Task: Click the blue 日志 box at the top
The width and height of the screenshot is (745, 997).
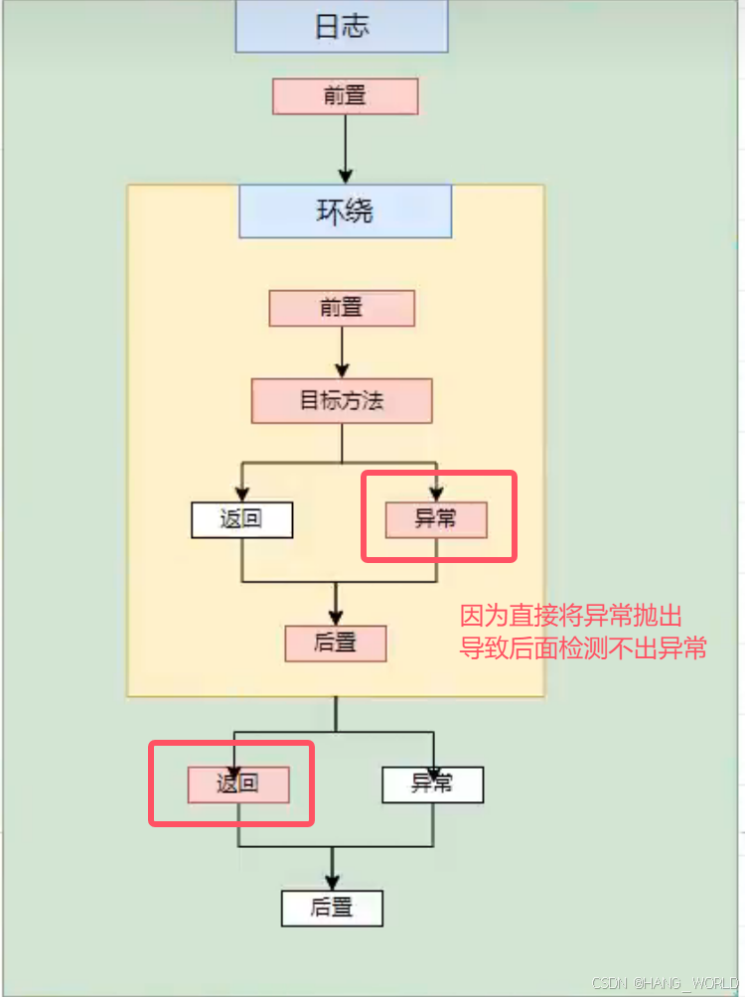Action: (342, 27)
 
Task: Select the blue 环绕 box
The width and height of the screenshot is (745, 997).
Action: (345, 212)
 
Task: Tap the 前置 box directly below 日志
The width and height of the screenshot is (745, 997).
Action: (345, 96)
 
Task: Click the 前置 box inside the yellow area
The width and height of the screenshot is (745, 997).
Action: (342, 308)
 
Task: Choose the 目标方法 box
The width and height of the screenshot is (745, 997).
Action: (342, 401)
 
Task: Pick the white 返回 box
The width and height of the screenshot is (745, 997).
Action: (241, 519)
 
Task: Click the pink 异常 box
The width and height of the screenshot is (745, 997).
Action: (436, 519)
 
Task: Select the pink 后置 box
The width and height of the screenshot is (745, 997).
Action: (335, 643)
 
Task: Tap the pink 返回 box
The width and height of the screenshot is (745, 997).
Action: (237, 783)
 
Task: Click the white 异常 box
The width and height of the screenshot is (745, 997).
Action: (432, 783)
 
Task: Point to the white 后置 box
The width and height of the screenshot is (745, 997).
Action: (332, 908)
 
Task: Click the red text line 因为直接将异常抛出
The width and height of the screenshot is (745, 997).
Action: (571, 616)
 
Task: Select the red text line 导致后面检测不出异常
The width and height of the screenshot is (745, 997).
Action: (583, 649)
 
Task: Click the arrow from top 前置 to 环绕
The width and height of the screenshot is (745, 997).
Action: (346, 149)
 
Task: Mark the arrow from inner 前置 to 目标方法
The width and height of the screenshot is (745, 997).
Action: (342, 352)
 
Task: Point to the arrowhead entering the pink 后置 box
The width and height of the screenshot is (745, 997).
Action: (336, 617)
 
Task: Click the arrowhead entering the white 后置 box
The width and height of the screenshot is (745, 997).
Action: (332, 881)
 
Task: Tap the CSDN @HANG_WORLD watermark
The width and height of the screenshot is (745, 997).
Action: (665, 983)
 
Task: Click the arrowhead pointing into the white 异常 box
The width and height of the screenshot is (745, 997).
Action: (433, 758)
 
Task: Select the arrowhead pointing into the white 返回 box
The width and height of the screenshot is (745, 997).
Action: (241, 494)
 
